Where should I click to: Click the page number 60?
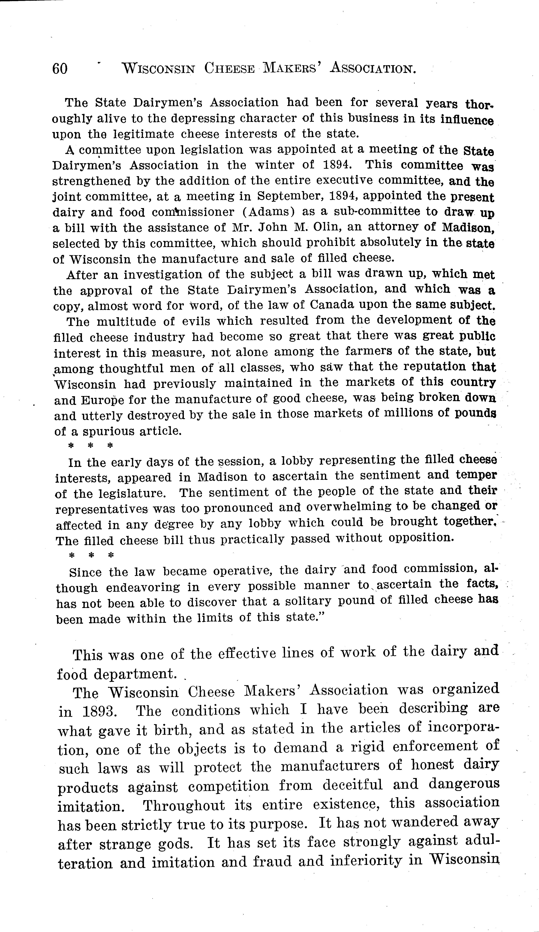tap(60, 69)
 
